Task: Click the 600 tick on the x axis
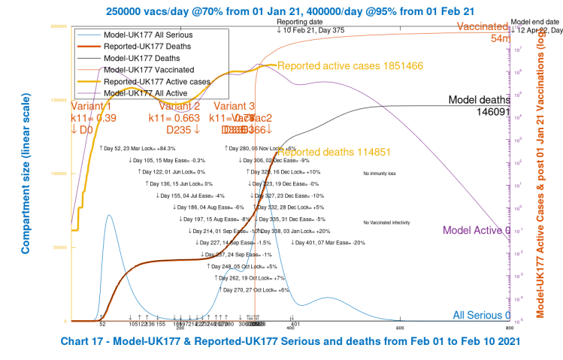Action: [x=401, y=327]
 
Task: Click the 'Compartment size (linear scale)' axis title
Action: [x=24, y=174]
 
